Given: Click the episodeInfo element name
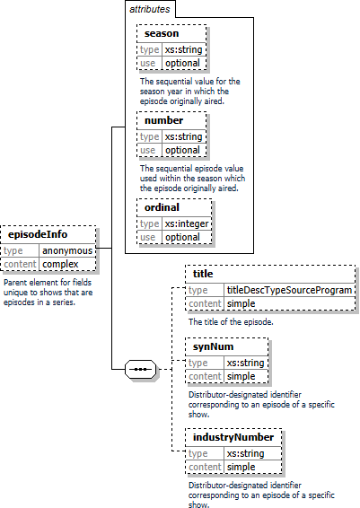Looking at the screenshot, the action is [38, 234].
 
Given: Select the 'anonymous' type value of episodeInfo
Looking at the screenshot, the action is [67, 250].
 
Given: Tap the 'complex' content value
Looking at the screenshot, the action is [60, 264].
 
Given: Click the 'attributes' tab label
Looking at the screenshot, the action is [149, 9].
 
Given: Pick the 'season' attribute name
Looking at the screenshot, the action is [162, 33].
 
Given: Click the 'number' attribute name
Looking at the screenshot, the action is [163, 120].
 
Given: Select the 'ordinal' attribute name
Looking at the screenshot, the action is [162, 207].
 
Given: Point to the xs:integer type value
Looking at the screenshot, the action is [187, 223].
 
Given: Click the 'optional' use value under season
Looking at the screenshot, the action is [182, 63].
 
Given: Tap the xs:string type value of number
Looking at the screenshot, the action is [183, 136].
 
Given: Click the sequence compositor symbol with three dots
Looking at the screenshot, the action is [140, 369].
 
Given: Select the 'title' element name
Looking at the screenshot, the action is [203, 274].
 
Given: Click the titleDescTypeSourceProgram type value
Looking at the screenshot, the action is [289, 290].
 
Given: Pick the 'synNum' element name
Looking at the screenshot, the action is [213, 346].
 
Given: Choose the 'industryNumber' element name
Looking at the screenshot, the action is [233, 437].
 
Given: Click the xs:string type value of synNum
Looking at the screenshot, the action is [245, 363].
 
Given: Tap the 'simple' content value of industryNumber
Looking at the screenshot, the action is [241, 467].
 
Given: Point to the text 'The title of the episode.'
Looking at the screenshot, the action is [231, 321].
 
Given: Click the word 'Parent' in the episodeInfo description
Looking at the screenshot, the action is [15, 282].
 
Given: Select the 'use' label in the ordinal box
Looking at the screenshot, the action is [148, 237].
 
